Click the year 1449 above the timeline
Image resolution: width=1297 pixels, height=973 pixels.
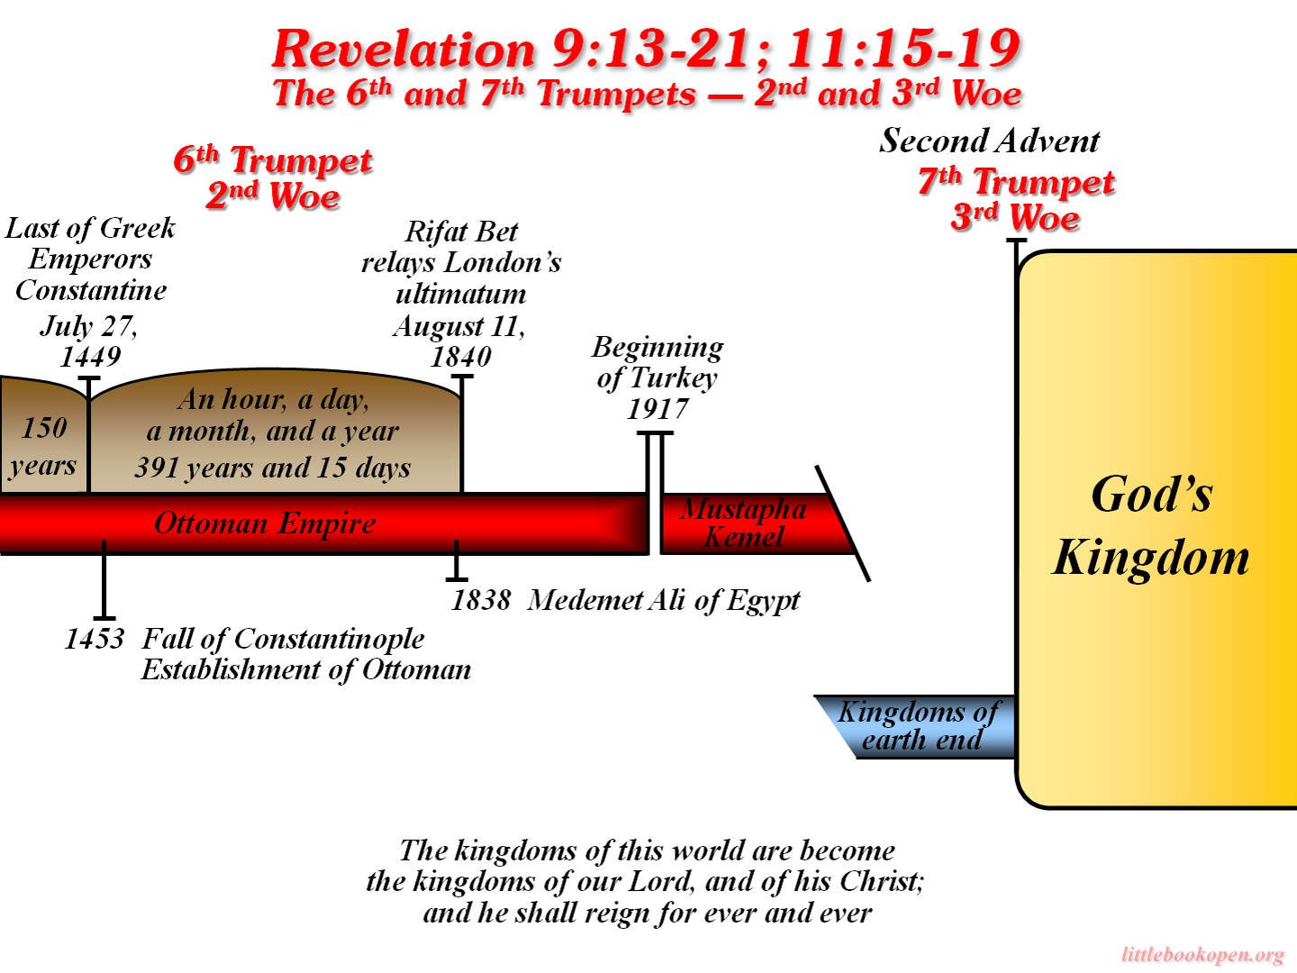90,357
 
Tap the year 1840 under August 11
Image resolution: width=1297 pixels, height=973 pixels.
461,357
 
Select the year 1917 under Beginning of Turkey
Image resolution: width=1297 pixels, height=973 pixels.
658,409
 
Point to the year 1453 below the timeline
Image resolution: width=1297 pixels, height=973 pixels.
95,639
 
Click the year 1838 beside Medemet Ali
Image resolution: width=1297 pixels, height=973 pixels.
481,600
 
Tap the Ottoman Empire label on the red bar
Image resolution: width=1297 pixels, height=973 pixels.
265,523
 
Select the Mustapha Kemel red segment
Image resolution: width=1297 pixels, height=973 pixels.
743,523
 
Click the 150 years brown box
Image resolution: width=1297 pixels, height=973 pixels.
43,446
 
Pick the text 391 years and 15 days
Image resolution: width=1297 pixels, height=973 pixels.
273,468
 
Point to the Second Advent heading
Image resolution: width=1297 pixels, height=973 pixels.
989,141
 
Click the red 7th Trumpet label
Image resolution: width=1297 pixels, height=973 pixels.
1016,182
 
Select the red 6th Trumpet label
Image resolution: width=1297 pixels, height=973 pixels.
273,160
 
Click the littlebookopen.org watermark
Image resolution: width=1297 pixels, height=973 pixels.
1202,955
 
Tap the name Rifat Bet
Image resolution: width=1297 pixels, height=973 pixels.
461,232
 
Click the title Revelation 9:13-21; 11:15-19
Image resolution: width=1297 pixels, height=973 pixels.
647,49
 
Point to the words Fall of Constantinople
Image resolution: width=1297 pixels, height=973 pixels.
283,639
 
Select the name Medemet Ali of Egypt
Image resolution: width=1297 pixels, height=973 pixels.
664,600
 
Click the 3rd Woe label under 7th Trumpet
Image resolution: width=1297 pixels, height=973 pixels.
1015,218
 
